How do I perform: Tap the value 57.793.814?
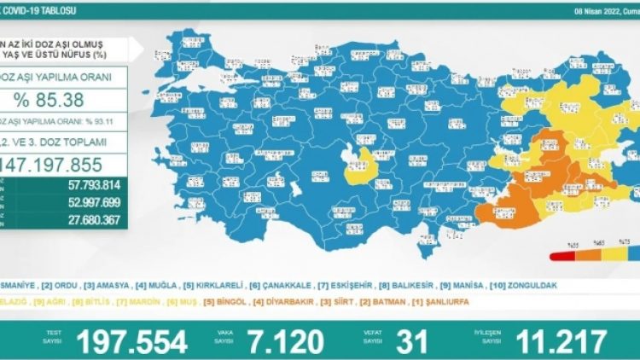[x=84, y=185]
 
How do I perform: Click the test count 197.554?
[x=132, y=342]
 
